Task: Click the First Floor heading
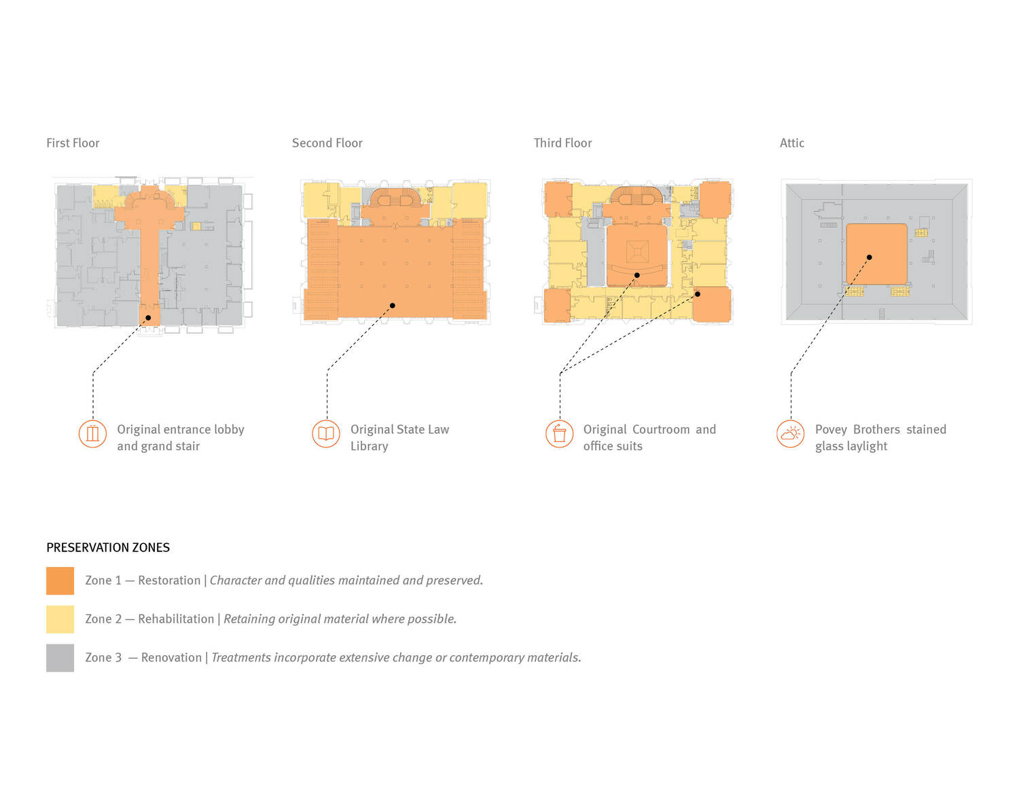pos(73,143)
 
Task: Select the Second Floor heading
pos(327,143)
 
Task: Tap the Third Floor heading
pos(562,143)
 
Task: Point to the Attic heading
pos(791,143)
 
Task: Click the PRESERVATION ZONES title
pos(108,547)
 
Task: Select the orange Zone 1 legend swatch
pos(60,581)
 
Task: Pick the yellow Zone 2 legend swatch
pos(60,619)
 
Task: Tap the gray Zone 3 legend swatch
pos(60,657)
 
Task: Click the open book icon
pos(326,434)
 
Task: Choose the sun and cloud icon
pos(790,434)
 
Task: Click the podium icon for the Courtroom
pos(559,434)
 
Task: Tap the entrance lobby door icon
pos(92,434)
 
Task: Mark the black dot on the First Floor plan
pos(148,318)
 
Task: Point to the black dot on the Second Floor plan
pos(393,306)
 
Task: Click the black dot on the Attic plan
pos(869,257)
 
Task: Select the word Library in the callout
pos(369,446)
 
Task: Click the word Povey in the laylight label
pos(831,430)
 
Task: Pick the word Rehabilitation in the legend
pos(176,619)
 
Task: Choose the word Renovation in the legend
pos(171,657)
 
